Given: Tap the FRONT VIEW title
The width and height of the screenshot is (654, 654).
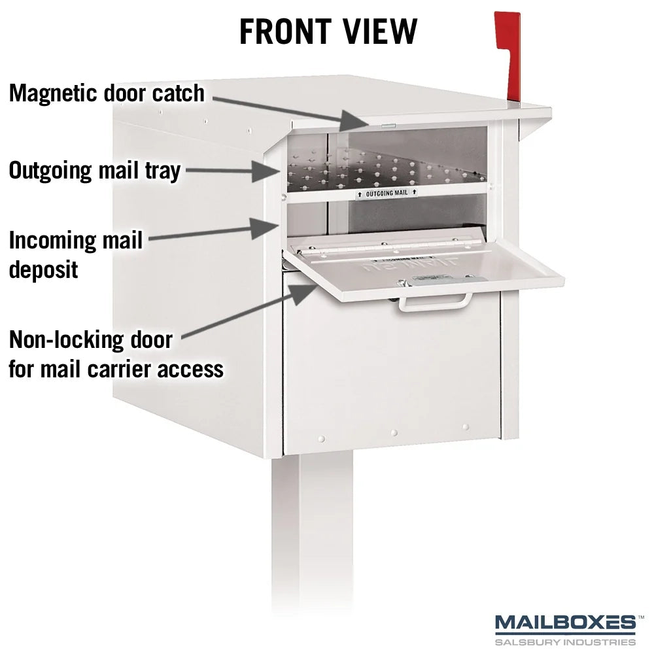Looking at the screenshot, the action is click(x=328, y=31).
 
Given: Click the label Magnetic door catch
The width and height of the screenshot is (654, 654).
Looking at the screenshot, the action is click(x=107, y=94).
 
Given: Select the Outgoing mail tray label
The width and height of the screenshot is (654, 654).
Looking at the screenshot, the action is click(x=95, y=171).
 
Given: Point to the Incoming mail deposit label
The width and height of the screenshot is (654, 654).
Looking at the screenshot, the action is click(x=75, y=254).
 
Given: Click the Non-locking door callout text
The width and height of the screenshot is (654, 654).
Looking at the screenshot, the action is click(x=116, y=354).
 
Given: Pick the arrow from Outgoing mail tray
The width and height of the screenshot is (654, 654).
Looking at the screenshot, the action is click(x=233, y=171).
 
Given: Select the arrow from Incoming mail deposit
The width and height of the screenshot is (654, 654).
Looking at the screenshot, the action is click(x=214, y=231).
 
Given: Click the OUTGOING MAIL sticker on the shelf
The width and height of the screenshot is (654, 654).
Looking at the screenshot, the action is click(x=387, y=194).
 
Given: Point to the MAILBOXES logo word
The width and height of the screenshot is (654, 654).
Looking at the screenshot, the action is click(x=566, y=623).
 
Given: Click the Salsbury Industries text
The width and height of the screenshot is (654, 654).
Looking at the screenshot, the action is click(x=566, y=642).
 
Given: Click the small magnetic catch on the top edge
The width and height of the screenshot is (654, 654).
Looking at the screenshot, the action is click(x=388, y=124).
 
